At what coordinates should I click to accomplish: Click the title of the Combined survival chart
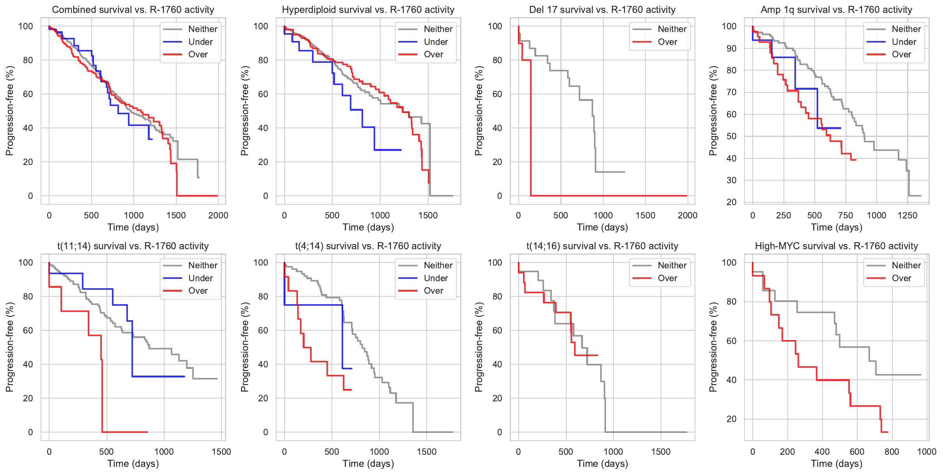133,10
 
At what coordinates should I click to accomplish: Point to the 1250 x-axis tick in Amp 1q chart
908,216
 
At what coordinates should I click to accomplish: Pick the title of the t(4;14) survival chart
368,246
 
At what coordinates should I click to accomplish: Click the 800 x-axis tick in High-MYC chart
892,452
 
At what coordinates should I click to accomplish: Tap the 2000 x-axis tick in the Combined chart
218,216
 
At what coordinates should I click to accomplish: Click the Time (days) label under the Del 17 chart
602,227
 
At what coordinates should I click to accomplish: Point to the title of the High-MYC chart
836,246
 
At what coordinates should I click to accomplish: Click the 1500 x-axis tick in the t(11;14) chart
222,452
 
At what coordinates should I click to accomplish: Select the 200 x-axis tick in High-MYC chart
787,452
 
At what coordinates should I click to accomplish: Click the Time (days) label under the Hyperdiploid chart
368,227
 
